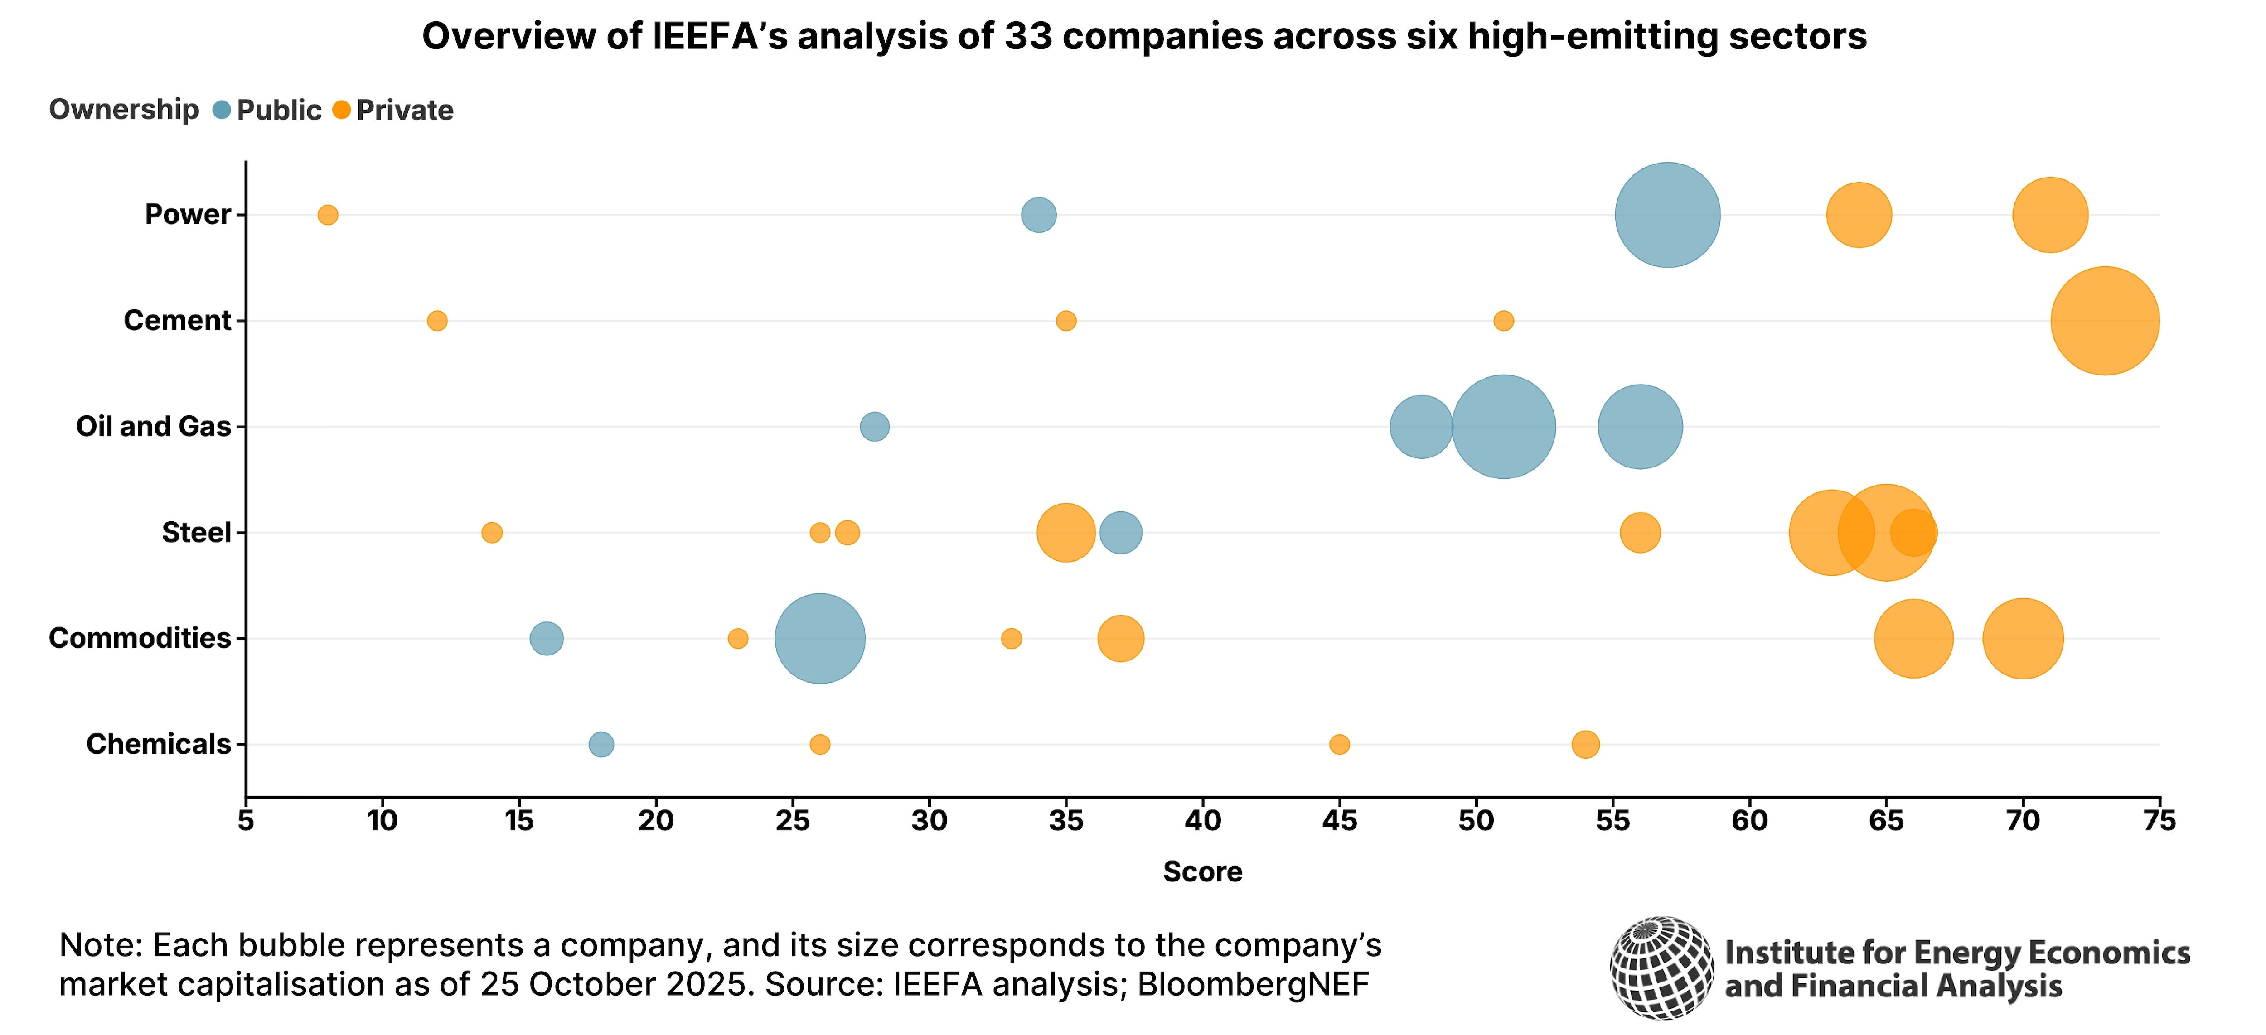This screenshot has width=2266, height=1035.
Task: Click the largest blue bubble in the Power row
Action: pyautogui.click(x=1667, y=215)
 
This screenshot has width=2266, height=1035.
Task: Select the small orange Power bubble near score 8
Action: pyautogui.click(x=327, y=215)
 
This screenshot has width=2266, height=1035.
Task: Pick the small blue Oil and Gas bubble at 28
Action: pyautogui.click(x=874, y=427)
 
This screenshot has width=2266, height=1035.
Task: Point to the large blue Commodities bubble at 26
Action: pyautogui.click(x=820, y=638)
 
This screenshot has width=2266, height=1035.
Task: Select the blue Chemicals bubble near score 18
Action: pyautogui.click(x=601, y=744)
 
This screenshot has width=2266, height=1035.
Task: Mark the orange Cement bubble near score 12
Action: pyautogui.click(x=437, y=321)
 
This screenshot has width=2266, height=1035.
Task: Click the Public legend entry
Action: pyautogui.click(x=268, y=110)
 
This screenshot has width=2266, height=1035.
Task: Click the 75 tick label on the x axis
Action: pyautogui.click(x=2159, y=821)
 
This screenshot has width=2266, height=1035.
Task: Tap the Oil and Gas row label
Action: pyautogui.click(x=153, y=427)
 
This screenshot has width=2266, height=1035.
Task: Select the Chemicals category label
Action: pyautogui.click(x=158, y=744)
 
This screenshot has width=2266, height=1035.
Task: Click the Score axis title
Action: pyautogui.click(x=1202, y=871)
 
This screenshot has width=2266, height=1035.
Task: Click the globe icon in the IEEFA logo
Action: pyautogui.click(x=1662, y=968)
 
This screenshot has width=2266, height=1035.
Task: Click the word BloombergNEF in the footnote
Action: pyautogui.click(x=1253, y=984)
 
